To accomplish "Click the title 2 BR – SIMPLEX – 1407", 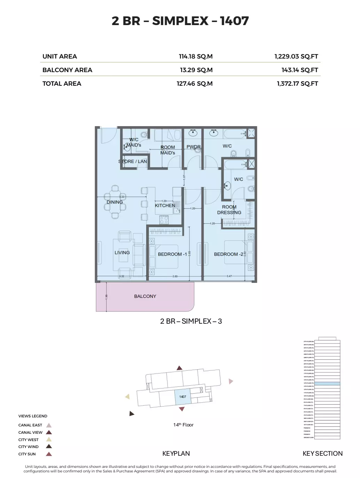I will pos(180,21).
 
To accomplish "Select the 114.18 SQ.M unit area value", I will pos(196,56).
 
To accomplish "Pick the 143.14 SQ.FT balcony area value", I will pos(299,70).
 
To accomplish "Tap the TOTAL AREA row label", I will pos(62,84).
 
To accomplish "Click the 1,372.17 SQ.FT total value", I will pos(297,84).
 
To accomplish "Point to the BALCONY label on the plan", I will pos(145,296).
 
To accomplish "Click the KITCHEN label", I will pos(165,206).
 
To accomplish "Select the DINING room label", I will pos(115,202).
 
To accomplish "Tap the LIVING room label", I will pos(122,253).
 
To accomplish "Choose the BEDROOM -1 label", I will pos(172,254).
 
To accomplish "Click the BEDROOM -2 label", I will pos(228,254).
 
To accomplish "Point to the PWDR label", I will pos(194,147).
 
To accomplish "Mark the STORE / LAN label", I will pos(133,161).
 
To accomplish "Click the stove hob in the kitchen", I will pos(164,219).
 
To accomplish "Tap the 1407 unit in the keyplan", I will pos(182,397).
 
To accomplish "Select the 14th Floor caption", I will pos(183,425).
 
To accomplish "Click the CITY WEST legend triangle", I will pos(49,439).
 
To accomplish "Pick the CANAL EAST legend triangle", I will pos(49,425).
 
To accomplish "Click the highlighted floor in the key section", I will pos(327,383).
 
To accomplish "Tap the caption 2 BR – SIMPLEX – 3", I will pos(191,321).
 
